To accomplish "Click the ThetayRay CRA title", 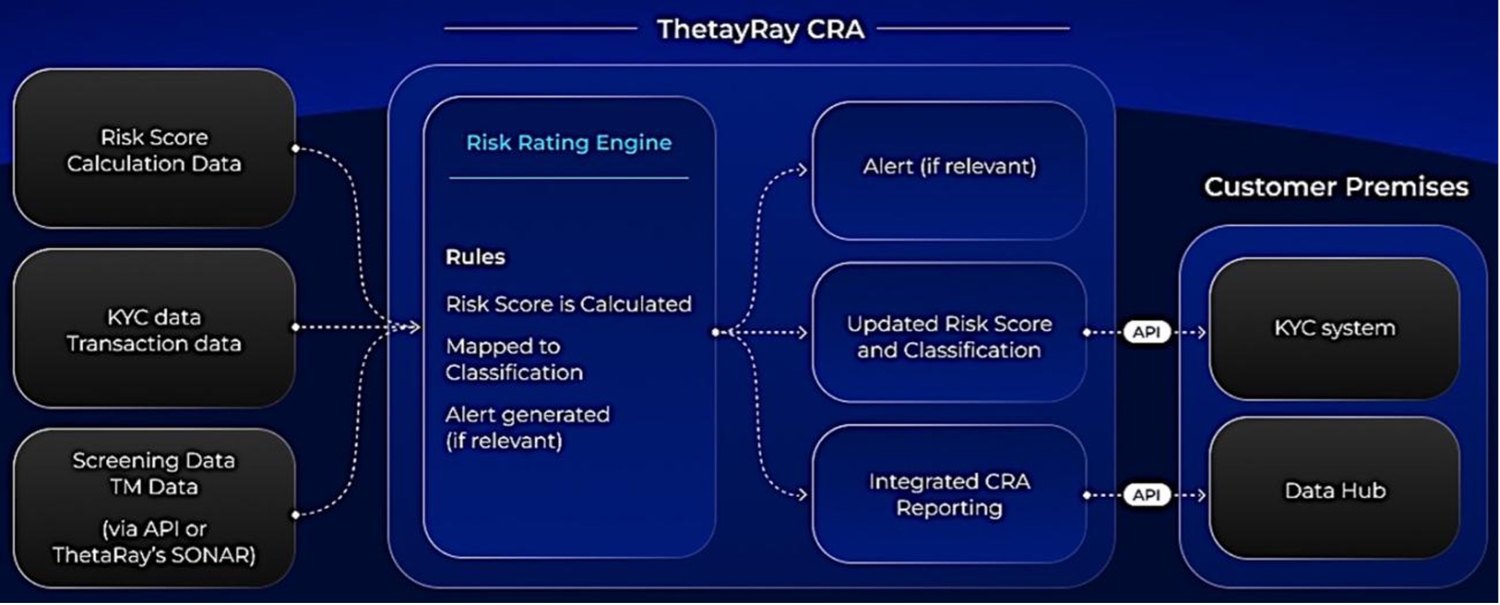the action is [x=760, y=30].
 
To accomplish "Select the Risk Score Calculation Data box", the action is [x=155, y=148].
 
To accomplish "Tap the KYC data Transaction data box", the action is [x=155, y=329].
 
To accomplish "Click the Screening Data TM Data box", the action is [x=155, y=508].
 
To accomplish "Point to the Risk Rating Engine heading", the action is [x=569, y=142].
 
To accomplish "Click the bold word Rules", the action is [x=475, y=257].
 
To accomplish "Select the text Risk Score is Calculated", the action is [x=569, y=304].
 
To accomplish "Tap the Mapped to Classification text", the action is [x=514, y=359].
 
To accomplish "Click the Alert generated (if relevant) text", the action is [x=528, y=428].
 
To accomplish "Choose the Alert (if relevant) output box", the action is [x=949, y=170].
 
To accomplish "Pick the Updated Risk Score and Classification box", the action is [x=949, y=333].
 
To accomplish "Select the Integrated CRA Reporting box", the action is [x=949, y=494].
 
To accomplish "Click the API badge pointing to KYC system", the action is [x=1146, y=332].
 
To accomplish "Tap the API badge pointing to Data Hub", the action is [x=1146, y=495].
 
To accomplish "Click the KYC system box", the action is [x=1334, y=329].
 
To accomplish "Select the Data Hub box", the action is [x=1334, y=489].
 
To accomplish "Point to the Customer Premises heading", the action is [x=1336, y=187].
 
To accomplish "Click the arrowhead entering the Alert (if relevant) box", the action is [x=802, y=169].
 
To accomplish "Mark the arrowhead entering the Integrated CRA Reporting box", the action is [x=802, y=494].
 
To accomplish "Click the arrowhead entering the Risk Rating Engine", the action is [x=415, y=327].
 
